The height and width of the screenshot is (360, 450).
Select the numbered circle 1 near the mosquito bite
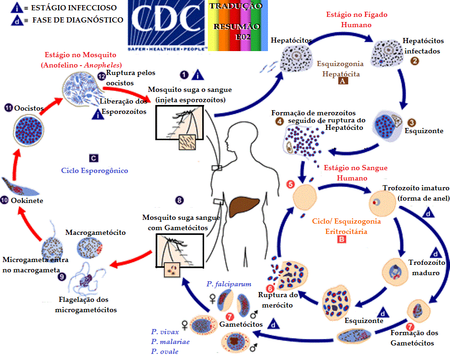(184, 75)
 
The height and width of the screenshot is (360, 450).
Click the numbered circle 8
(179, 200)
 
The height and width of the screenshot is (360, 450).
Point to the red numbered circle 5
(291, 184)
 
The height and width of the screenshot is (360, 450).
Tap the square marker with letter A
(343, 81)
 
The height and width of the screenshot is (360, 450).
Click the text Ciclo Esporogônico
(94, 171)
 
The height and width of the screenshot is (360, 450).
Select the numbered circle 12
(101, 76)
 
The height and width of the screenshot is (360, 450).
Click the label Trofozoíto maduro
(424, 268)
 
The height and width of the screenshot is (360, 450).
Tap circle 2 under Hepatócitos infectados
(414, 60)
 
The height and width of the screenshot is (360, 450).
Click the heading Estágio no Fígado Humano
(357, 19)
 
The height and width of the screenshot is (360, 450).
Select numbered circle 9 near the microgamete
(62, 277)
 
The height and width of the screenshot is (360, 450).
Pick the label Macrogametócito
(92, 232)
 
